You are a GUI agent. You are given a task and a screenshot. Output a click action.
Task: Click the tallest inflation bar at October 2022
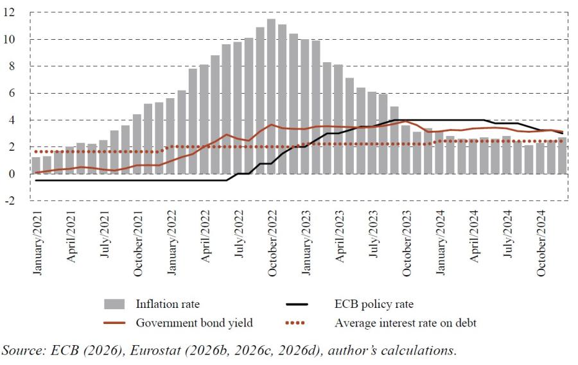click(271, 96)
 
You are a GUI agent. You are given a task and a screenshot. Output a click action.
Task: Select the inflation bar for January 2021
click(36, 166)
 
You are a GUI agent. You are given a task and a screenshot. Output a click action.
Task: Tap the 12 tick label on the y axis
click(9, 13)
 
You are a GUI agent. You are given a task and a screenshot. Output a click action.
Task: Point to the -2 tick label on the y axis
click(9, 201)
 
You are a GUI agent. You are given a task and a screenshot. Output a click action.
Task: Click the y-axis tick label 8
click(12, 66)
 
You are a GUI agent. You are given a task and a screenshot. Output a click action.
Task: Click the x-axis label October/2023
click(407, 244)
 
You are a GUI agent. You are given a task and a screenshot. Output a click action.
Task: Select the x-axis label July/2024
click(507, 234)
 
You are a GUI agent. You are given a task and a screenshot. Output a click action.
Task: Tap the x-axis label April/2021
click(71, 237)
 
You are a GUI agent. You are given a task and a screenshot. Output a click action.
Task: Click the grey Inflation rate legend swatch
click(114, 304)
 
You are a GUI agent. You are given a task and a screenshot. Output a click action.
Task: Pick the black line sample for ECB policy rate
click(297, 304)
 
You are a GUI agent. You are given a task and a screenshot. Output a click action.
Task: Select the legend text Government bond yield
click(194, 323)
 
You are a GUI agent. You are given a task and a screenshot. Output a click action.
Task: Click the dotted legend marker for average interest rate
click(295, 323)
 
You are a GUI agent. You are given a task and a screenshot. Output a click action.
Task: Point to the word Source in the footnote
click(22, 350)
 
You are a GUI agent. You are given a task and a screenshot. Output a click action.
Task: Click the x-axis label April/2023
click(340, 237)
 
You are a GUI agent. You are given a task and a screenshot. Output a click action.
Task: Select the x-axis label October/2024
click(541, 244)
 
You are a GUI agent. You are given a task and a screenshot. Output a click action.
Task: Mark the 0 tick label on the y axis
click(12, 174)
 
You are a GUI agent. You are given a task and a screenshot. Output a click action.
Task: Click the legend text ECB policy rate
click(374, 304)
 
